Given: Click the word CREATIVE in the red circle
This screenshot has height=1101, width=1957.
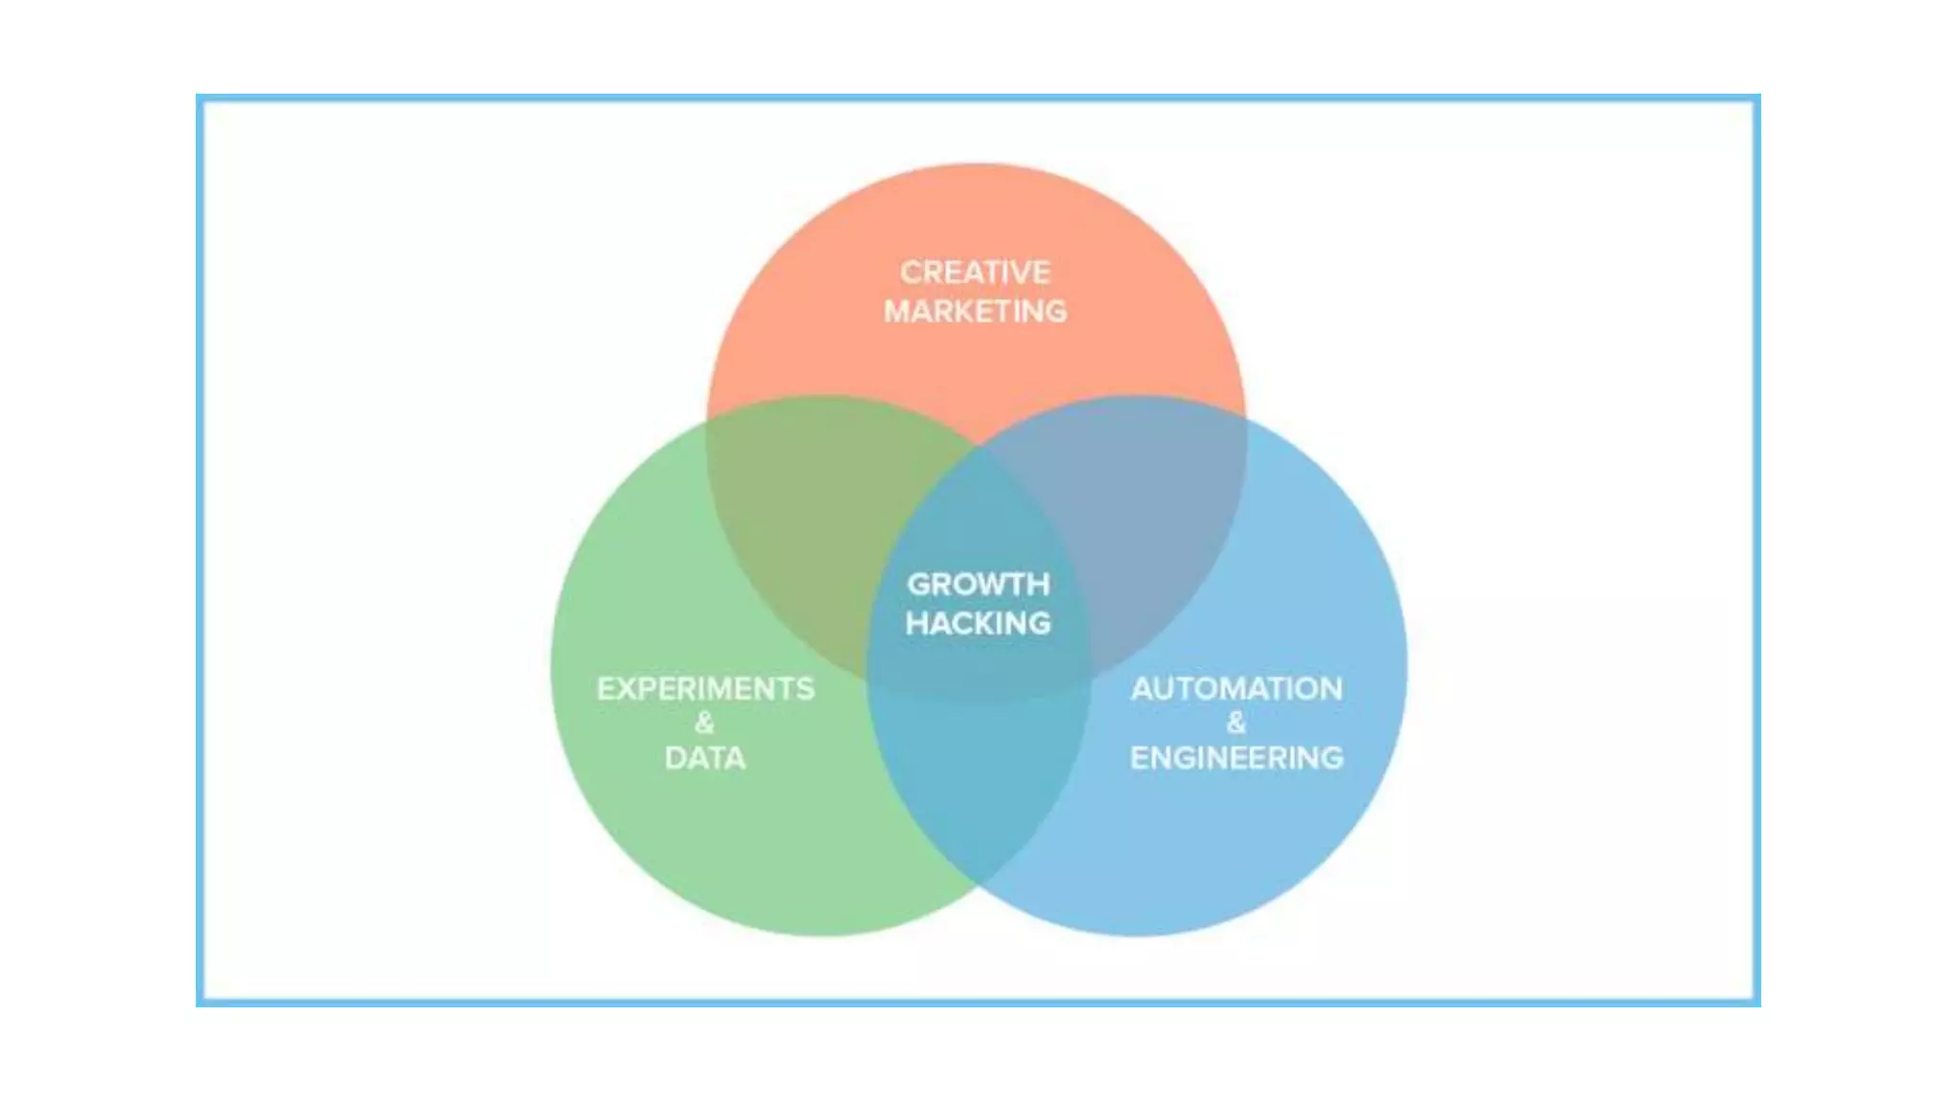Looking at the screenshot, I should click(975, 272).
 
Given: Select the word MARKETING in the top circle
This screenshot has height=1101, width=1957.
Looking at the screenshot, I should click(975, 312).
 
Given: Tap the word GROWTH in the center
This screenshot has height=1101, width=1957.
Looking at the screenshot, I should click(978, 584).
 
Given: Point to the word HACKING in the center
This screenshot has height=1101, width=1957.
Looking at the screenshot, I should click(978, 623).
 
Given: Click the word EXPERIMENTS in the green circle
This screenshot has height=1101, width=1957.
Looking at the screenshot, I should click(705, 688).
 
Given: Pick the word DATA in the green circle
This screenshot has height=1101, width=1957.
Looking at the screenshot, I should click(704, 758).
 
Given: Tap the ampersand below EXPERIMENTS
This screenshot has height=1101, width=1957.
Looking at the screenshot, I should click(704, 723).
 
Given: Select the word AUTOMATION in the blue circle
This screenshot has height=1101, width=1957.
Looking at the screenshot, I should click(1237, 688).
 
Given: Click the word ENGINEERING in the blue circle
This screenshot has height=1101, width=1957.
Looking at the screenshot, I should click(1237, 758).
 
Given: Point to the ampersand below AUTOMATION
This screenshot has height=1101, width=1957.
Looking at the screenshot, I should click(1237, 723).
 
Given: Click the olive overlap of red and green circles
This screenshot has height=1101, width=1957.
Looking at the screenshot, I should click(812, 507).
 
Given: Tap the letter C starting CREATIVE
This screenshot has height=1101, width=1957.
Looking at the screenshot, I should click(912, 272).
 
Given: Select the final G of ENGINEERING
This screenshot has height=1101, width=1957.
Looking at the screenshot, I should click(1331, 758).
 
